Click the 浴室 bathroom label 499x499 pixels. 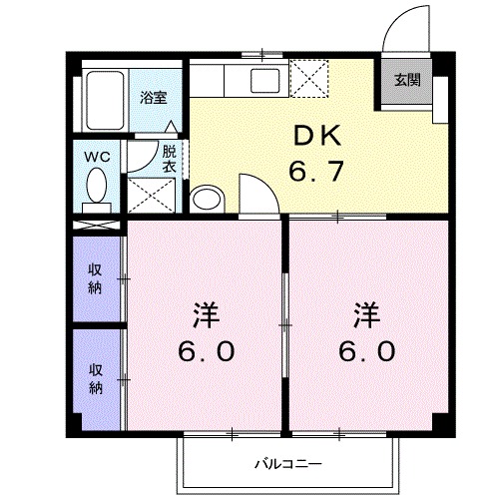[x=153, y=98]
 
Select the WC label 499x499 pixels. [x=96, y=157]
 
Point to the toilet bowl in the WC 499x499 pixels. [x=97, y=186]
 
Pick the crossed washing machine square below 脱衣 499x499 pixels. [x=152, y=195]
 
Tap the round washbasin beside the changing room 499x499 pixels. [x=206, y=198]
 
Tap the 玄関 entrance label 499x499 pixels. [x=405, y=80]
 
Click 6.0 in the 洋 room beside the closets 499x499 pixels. [x=208, y=351]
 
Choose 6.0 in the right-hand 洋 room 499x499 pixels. [x=366, y=351]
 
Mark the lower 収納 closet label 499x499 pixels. [x=96, y=378]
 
